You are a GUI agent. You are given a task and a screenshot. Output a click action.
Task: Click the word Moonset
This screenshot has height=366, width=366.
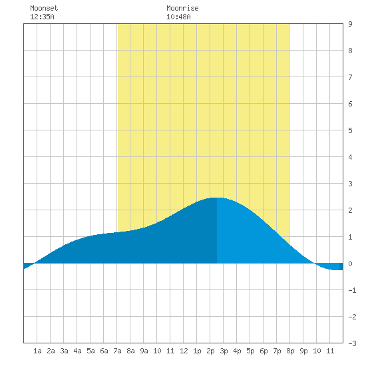click(44, 8)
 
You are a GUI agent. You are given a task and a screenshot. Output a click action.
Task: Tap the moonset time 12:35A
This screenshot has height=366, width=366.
click(42, 17)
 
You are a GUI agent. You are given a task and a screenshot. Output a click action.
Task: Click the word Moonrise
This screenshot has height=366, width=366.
click(182, 8)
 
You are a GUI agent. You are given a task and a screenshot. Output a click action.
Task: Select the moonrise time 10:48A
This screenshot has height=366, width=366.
click(178, 17)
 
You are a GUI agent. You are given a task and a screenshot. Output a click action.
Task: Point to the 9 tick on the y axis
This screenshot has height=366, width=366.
click(350, 24)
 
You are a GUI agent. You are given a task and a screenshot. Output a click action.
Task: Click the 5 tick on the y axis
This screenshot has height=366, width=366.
click(350, 130)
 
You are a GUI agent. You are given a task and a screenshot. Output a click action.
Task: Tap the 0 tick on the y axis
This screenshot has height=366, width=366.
click(350, 264)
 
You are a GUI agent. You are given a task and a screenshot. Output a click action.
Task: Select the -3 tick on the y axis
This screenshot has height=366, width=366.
click(352, 343)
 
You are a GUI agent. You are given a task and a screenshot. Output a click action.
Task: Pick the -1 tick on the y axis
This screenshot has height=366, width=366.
click(352, 290)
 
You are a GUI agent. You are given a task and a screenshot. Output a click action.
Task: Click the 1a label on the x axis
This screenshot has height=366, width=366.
click(37, 351)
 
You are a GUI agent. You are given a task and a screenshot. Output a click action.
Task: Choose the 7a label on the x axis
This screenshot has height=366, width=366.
click(117, 351)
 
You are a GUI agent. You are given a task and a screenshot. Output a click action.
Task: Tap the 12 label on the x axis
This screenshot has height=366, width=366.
click(184, 351)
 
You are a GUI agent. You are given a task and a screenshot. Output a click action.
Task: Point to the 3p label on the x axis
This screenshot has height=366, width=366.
click(224, 351)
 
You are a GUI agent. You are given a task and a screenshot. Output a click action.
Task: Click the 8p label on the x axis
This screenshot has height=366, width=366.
click(290, 351)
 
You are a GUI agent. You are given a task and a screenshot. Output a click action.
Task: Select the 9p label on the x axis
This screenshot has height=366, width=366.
click(303, 351)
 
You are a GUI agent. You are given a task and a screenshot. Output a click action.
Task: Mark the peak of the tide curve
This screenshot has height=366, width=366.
click(217, 198)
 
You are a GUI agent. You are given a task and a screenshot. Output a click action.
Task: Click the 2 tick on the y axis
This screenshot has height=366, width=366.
click(350, 210)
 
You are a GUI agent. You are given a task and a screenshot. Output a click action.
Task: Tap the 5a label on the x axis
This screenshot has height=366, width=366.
click(91, 351)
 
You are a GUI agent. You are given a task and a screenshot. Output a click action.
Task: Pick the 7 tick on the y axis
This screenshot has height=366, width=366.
click(350, 77)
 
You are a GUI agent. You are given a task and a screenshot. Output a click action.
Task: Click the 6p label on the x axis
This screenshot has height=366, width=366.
click(264, 351)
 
